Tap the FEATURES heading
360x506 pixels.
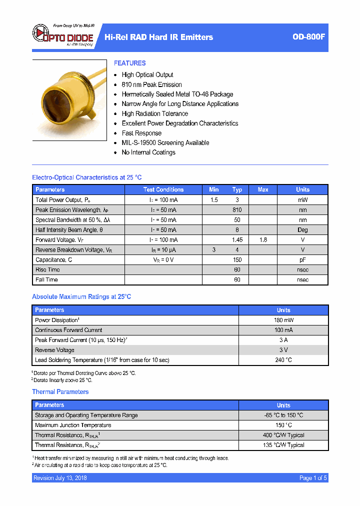point(130,63)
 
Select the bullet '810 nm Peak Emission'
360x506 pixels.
point(151,84)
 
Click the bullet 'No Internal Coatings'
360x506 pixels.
point(148,152)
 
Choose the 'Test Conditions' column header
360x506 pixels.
point(163,189)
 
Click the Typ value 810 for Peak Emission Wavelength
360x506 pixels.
point(237,210)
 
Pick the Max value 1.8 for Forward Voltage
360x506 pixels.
point(263,240)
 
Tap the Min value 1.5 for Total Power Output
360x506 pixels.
point(214,200)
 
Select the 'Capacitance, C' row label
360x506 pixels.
point(54,260)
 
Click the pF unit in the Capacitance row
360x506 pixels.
point(303,260)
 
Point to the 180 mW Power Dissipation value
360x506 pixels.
point(283,320)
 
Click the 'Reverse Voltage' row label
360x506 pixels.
point(55,350)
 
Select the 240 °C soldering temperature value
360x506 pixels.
point(283,360)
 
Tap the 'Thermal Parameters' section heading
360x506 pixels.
point(60,392)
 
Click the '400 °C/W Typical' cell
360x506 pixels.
point(283,435)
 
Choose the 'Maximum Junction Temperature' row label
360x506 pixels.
point(73,425)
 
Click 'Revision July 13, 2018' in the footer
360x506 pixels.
point(60,478)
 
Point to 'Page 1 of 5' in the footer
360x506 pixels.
point(313,478)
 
